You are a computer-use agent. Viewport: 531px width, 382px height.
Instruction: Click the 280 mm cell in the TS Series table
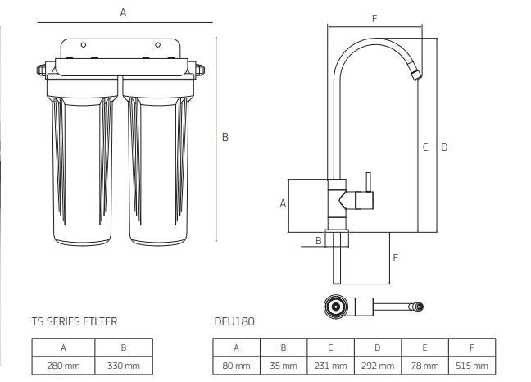[x=63, y=365]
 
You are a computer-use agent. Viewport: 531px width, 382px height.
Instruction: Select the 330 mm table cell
[x=125, y=365]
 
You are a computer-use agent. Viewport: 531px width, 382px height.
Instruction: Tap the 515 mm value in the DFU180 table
[x=471, y=365]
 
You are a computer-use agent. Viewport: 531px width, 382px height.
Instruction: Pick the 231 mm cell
[x=330, y=365]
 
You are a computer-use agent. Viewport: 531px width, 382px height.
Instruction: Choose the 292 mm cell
[x=378, y=365]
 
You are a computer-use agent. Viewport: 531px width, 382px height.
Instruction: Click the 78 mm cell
[x=424, y=365]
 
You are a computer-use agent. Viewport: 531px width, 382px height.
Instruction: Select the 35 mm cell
[x=284, y=365]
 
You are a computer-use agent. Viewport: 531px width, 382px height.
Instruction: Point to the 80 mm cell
[x=237, y=365]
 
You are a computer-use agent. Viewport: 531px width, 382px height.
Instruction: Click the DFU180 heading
[x=234, y=322]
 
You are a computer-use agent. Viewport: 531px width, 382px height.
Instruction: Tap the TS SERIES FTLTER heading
[x=74, y=322]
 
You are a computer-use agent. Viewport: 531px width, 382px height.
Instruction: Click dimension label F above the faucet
[x=374, y=17]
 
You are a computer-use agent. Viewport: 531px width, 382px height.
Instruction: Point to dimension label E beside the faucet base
[x=395, y=257]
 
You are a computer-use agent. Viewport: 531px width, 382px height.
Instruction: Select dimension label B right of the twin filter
[x=225, y=138]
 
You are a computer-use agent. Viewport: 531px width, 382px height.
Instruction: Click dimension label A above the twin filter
[x=123, y=12]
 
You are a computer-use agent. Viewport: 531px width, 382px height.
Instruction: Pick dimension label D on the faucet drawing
[x=444, y=148]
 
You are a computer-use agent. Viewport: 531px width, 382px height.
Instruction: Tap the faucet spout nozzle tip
[x=417, y=75]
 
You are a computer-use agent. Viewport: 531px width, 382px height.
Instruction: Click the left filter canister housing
[x=82, y=164]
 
